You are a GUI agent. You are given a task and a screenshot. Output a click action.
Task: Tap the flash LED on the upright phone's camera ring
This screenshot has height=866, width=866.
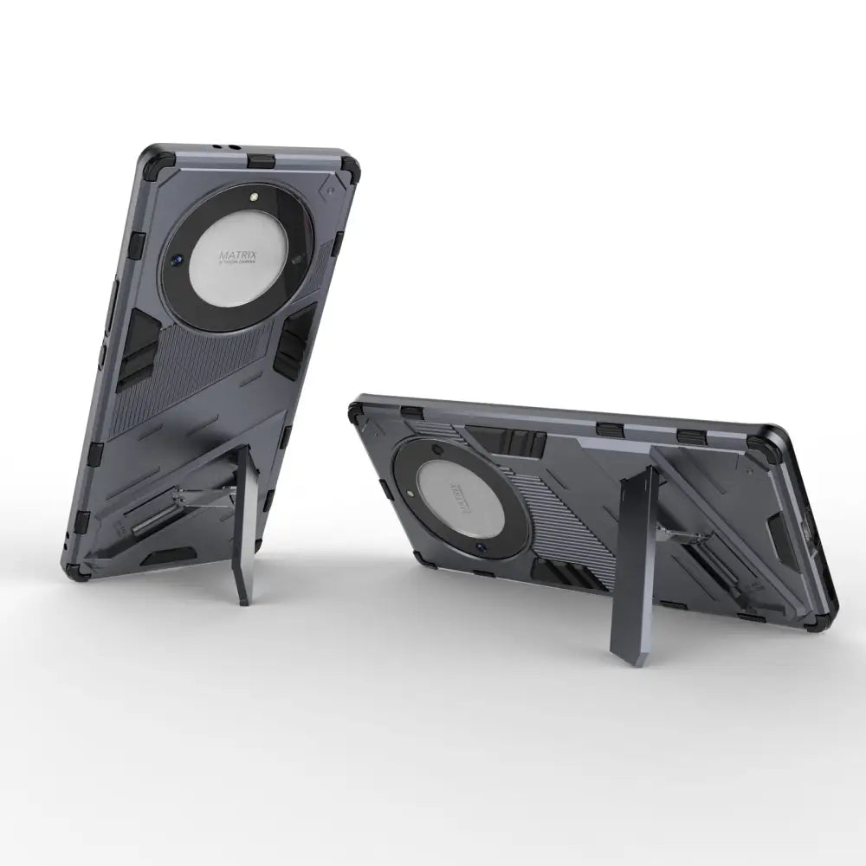pyautogui.click(x=255, y=199)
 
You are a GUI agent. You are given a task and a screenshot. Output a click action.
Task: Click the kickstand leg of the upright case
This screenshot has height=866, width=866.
pyautogui.click(x=245, y=528)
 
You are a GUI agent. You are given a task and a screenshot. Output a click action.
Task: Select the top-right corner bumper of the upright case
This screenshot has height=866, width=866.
pyautogui.click(x=349, y=167)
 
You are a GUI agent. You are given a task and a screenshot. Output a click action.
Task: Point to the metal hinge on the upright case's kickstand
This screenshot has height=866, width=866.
pyautogui.click(x=208, y=500)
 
